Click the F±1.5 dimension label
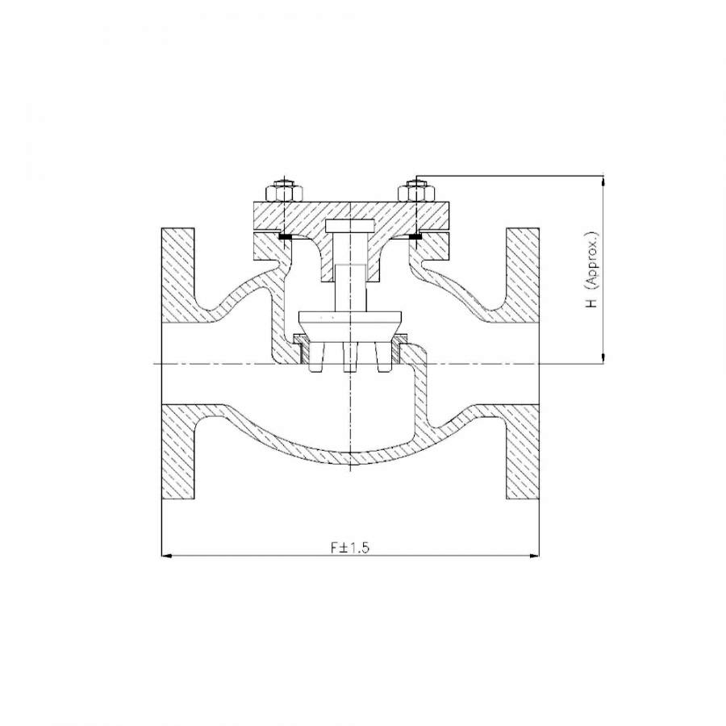[x=350, y=548]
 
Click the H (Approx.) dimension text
[x=592, y=270]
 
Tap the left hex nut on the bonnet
[x=284, y=193]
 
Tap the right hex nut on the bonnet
[x=417, y=193]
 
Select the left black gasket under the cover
[x=285, y=236]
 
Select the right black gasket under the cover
[x=415, y=236]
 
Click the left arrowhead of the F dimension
[x=167, y=555]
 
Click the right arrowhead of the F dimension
[x=534, y=555]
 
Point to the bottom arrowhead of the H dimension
[x=603, y=358]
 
